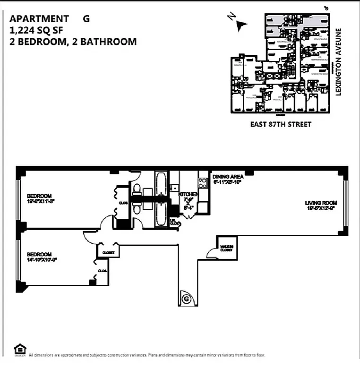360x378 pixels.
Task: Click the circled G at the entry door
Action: pyautogui.click(x=186, y=299)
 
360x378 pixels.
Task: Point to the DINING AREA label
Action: pyautogui.click(x=228, y=177)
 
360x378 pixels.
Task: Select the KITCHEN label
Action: pyautogui.click(x=188, y=194)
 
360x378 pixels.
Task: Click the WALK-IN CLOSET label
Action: pyautogui.click(x=226, y=247)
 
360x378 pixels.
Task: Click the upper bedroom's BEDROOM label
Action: pyautogui.click(x=39, y=196)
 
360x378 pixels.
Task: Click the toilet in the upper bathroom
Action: pyautogui.click(x=137, y=189)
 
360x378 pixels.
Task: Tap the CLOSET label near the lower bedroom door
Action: pyautogui.click(x=108, y=253)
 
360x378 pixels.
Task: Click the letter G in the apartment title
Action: pyautogui.click(x=86, y=19)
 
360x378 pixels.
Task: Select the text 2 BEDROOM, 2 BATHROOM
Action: pyautogui.click(x=73, y=42)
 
